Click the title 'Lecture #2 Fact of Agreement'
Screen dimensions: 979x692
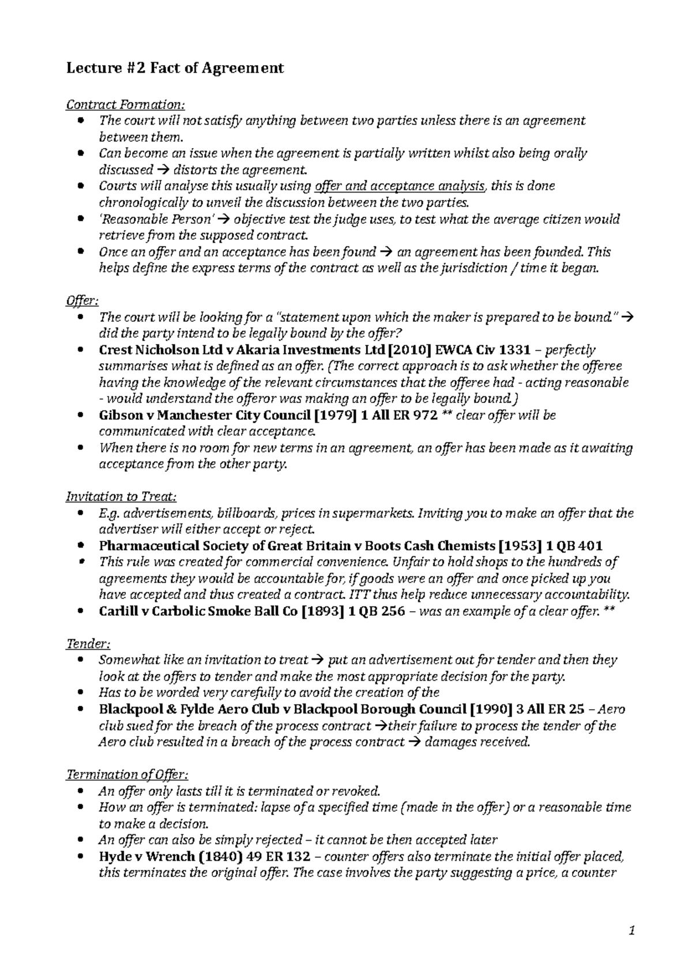pos(175,69)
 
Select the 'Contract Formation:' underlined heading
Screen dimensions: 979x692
pos(126,104)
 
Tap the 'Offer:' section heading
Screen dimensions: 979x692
pos(82,300)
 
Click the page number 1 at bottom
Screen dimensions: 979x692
pos(631,931)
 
